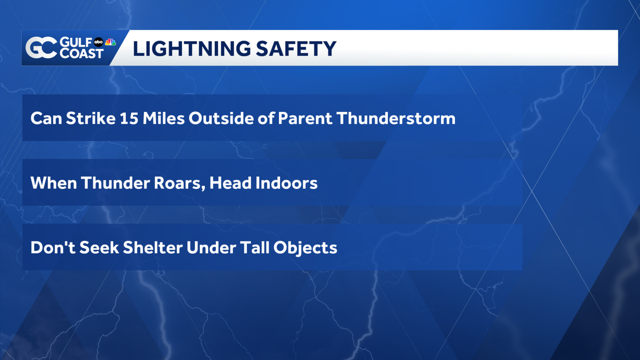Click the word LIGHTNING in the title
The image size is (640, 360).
tap(191, 49)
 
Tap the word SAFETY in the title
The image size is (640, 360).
tap(296, 49)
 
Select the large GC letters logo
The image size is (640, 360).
tap(41, 47)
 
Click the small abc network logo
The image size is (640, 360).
tap(99, 42)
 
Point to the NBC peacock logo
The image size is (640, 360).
tap(110, 42)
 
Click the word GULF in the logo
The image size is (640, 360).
tap(76, 42)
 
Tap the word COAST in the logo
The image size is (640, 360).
tap(82, 53)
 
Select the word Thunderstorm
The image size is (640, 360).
tap(396, 118)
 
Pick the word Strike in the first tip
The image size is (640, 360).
tap(91, 118)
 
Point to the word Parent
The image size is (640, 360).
tap(305, 118)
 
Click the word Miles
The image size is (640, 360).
tap(164, 118)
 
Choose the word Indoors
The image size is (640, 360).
tap(286, 183)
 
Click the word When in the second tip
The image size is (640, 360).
tap(54, 183)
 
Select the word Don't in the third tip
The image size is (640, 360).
tap(53, 247)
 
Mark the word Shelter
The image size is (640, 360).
tap(153, 247)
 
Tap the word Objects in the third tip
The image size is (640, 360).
tap(305, 248)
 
